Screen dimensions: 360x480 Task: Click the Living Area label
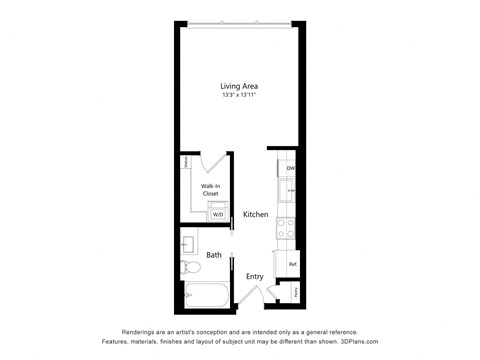[x=240, y=86]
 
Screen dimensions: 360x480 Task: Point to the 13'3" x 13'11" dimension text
[x=240, y=96]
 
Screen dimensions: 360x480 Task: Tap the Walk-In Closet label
[x=211, y=189]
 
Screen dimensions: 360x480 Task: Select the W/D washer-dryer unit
[x=218, y=214]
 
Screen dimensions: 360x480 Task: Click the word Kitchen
[x=255, y=215]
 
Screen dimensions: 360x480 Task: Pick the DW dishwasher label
[x=291, y=169]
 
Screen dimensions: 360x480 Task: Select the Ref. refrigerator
[x=292, y=264]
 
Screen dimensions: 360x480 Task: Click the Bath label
[x=214, y=255]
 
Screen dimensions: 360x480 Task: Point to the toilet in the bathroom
[x=189, y=266]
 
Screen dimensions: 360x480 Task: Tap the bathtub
[x=204, y=296]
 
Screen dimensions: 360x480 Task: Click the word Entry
[x=255, y=276]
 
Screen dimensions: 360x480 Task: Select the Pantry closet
[x=293, y=291]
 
